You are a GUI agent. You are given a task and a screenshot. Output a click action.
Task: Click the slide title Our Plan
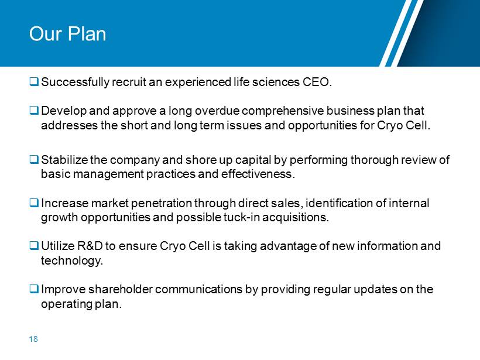[68, 33]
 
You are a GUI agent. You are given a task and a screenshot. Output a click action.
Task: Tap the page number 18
[33, 339]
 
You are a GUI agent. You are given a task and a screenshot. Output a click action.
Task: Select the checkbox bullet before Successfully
[34, 81]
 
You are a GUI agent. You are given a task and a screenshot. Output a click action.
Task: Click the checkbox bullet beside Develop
[34, 110]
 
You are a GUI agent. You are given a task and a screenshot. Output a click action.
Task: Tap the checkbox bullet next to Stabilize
[34, 159]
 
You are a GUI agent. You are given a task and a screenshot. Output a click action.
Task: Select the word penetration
[162, 203]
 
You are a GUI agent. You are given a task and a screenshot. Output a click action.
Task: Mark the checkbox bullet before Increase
[34, 203]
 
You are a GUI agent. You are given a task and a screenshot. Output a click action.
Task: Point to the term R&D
[90, 246]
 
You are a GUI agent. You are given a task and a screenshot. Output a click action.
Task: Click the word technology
[71, 260]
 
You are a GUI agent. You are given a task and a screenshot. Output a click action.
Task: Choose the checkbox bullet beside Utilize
[34, 245]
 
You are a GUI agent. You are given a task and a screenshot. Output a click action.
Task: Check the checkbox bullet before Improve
[34, 289]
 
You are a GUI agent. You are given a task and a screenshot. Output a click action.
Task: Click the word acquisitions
[296, 217]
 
